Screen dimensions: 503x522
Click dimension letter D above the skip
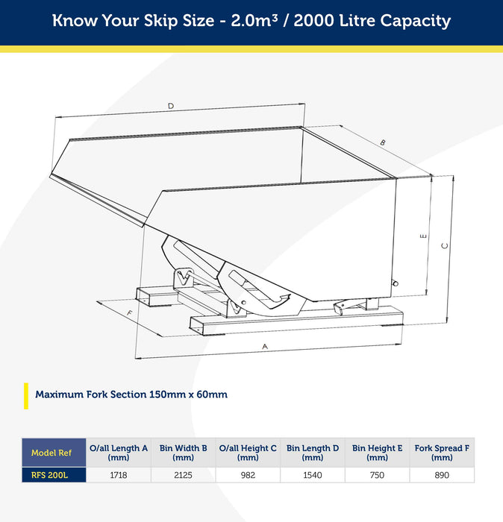(171, 106)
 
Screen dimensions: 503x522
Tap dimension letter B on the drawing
(383, 143)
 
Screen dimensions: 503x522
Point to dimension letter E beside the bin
(423, 236)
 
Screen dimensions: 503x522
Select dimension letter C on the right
(445, 245)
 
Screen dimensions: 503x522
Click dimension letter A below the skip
(265, 347)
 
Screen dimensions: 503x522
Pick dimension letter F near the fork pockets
(130, 313)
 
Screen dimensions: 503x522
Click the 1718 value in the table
(118, 475)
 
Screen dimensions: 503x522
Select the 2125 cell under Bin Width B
(183, 475)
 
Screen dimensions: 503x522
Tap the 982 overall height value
(248, 475)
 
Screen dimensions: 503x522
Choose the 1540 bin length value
(313, 475)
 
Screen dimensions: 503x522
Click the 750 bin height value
(377, 475)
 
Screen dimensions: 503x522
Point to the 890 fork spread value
(442, 475)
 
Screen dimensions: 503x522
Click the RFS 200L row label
(50, 475)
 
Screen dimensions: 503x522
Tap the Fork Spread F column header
(442, 453)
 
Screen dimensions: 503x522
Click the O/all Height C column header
(248, 453)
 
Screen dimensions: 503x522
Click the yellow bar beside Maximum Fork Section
(26, 396)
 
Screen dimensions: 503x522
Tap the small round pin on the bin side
(396, 283)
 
